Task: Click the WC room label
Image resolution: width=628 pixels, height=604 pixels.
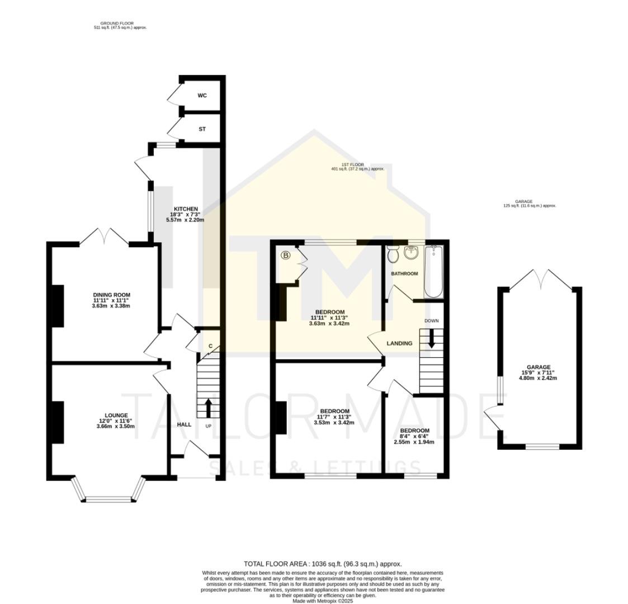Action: [x=202, y=96]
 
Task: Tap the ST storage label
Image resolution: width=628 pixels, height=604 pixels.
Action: [x=202, y=129]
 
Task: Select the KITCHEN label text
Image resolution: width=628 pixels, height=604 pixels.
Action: [x=186, y=209]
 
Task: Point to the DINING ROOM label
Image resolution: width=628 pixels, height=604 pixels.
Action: [x=111, y=295]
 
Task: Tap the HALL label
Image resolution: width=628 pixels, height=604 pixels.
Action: [x=184, y=424]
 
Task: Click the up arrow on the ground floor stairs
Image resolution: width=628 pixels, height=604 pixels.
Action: [x=209, y=408]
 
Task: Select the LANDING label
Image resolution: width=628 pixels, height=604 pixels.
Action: [x=399, y=343]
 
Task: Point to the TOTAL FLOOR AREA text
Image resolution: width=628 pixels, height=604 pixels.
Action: [x=322, y=564]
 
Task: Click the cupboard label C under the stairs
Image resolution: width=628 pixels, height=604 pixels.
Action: [x=210, y=346]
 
